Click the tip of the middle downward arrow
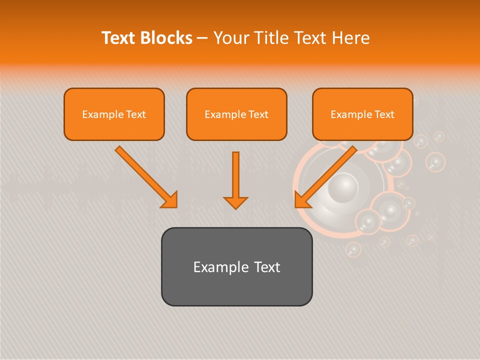pyautogui.click(x=235, y=207)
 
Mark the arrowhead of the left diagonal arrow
pyautogui.click(x=172, y=202)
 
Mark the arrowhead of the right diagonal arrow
pyautogui.click(x=300, y=202)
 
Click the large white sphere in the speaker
pyautogui.click(x=343, y=187)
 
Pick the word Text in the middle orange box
pyautogui.click(x=257, y=114)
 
